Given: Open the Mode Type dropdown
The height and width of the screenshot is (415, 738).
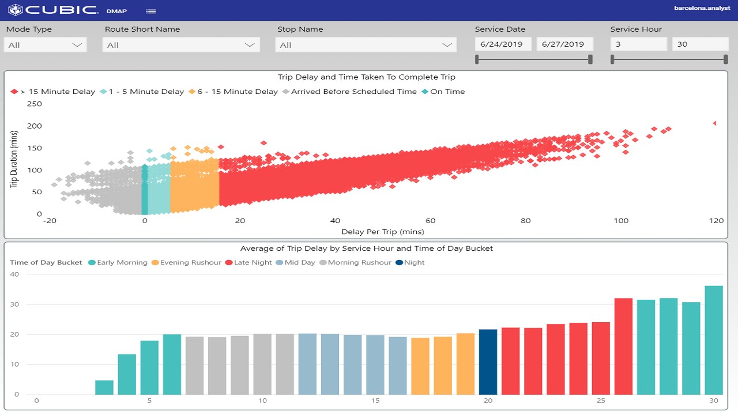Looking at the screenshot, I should click(45, 45).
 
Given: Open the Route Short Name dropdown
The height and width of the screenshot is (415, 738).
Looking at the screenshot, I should click(181, 45).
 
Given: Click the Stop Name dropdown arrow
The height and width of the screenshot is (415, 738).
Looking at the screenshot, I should click(447, 45).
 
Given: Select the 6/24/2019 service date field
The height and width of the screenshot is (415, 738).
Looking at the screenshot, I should click(503, 44).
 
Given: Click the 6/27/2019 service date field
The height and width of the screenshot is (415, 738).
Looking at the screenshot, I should click(564, 44).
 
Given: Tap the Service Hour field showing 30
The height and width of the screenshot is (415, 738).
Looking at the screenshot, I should click(700, 44).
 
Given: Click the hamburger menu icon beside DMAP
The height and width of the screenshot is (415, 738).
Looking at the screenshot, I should click(150, 11).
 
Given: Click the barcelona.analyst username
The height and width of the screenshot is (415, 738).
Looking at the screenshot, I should click(702, 8).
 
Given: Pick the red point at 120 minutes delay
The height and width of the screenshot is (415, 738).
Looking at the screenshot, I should click(715, 123).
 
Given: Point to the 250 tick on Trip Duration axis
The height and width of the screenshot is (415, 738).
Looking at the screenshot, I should click(35, 104).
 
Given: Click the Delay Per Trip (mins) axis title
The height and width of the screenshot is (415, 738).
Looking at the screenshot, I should click(382, 232).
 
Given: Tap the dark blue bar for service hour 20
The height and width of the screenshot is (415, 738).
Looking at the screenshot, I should click(488, 362).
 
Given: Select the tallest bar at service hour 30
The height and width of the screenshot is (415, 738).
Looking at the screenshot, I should click(714, 340).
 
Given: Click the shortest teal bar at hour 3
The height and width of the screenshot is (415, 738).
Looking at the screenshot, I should click(104, 387).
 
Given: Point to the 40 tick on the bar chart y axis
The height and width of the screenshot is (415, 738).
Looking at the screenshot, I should click(14, 274).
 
